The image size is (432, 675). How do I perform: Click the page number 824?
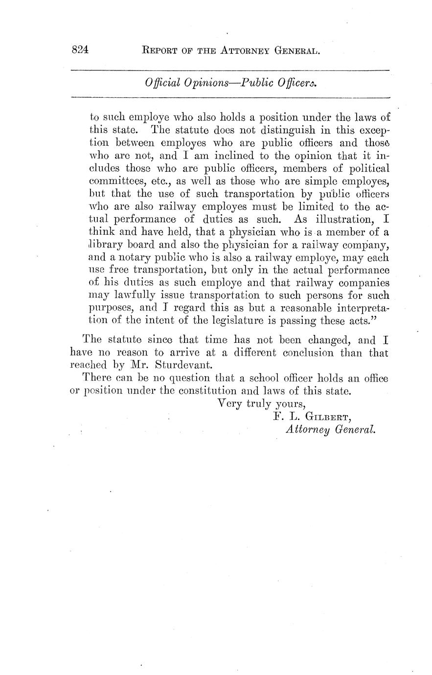click(79, 50)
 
